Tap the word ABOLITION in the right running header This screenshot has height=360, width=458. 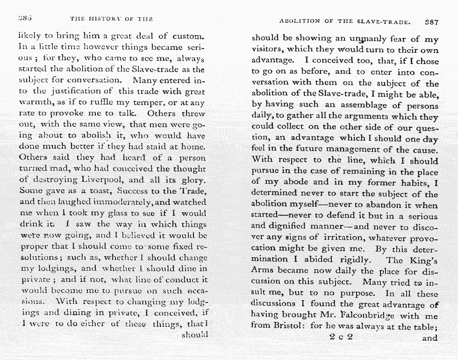point(300,22)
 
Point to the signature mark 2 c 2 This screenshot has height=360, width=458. point(341,337)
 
